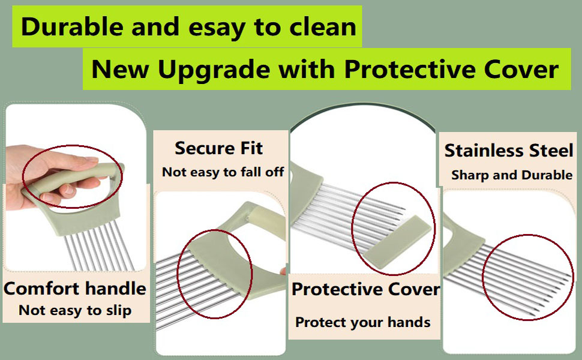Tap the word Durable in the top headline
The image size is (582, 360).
click(x=71, y=26)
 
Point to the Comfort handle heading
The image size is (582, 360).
click(x=75, y=289)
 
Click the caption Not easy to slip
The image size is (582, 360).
click(x=75, y=310)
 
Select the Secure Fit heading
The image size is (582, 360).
click(x=218, y=148)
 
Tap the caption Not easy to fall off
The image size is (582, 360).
click(x=223, y=172)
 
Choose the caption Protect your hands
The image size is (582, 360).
click(x=362, y=323)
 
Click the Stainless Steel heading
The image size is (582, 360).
click(x=509, y=151)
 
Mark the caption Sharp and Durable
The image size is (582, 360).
click(x=511, y=175)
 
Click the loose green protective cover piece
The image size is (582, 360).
click(x=398, y=242)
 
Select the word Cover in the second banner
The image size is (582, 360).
click(x=521, y=70)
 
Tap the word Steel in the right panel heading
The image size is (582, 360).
click(x=551, y=151)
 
